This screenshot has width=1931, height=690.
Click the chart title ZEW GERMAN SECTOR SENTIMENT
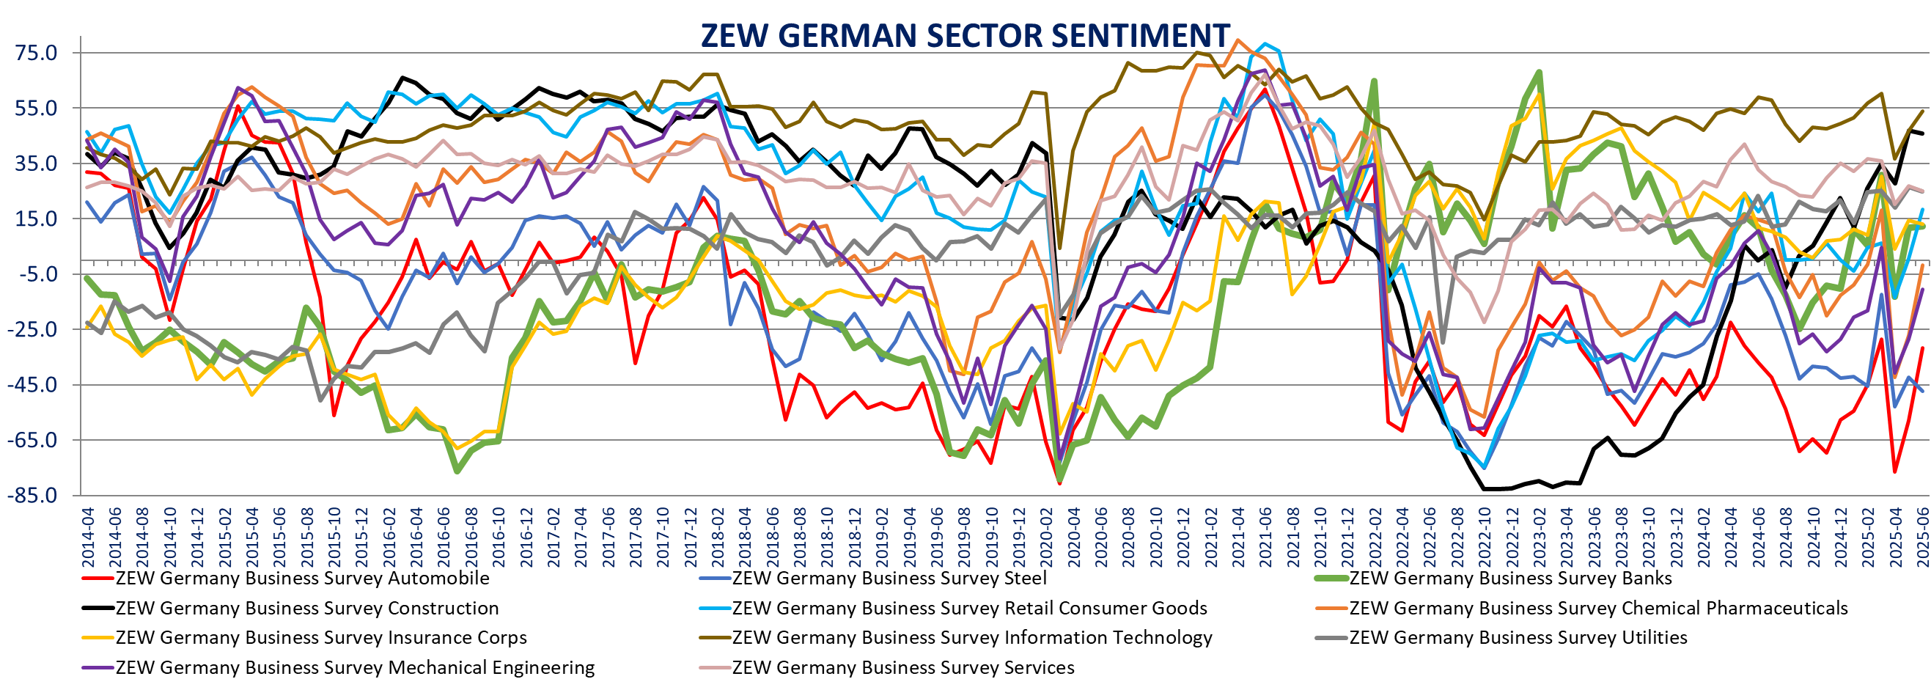[x=965, y=35]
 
